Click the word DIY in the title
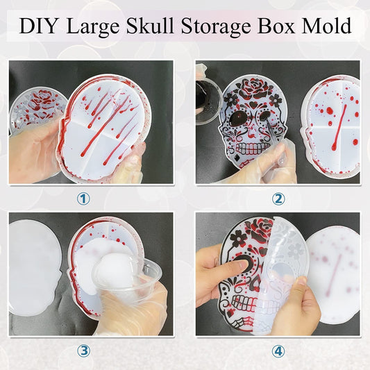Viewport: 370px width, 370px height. coord(37,26)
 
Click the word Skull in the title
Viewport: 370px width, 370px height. coord(150,26)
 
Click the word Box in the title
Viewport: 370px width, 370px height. coord(277,26)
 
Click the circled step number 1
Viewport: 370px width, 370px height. coord(83,199)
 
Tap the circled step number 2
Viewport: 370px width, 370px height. coord(278,199)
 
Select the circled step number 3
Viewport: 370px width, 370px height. coord(83,351)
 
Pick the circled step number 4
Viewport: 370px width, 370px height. coord(278,351)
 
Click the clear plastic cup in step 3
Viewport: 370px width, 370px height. coord(128,276)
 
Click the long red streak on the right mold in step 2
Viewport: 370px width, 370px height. coord(339,128)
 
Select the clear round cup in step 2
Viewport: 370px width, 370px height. coord(208,101)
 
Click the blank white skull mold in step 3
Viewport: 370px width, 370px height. coord(34,268)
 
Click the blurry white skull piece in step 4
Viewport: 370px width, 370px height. coord(333,278)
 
